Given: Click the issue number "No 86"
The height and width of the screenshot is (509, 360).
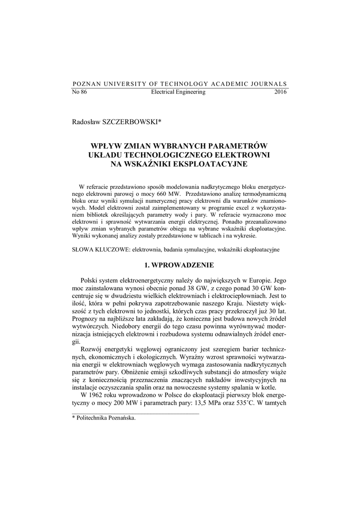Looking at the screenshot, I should pos(80,92).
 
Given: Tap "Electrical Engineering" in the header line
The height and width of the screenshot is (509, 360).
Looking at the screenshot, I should pos(178,92).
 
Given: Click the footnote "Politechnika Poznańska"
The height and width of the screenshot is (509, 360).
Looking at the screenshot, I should pos(106,418).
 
